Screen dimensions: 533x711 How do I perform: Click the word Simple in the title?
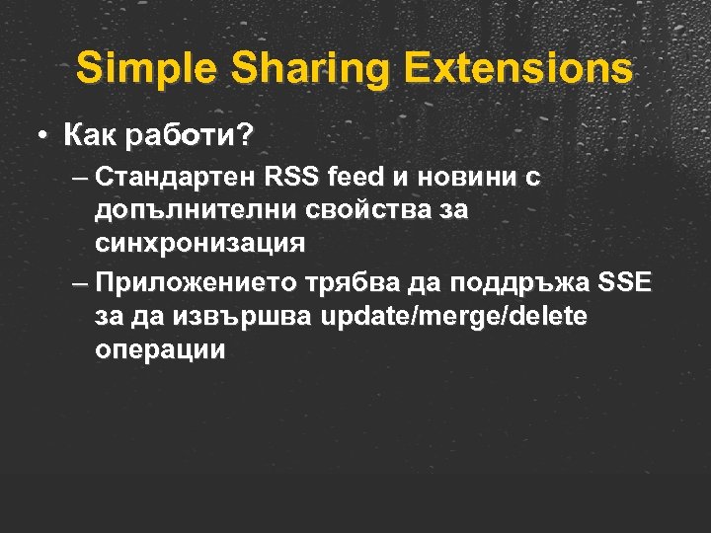[x=136, y=69]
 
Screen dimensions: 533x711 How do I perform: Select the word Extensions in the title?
[x=519, y=69]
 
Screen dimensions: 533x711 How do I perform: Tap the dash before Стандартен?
[x=80, y=178]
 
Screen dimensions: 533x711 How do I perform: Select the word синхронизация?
[x=200, y=241]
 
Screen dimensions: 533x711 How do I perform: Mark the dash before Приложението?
[x=80, y=284]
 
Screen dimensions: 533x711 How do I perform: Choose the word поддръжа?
[x=520, y=284]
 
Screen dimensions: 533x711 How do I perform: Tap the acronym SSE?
[x=625, y=284]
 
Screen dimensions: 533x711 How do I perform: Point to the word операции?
[x=161, y=348]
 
